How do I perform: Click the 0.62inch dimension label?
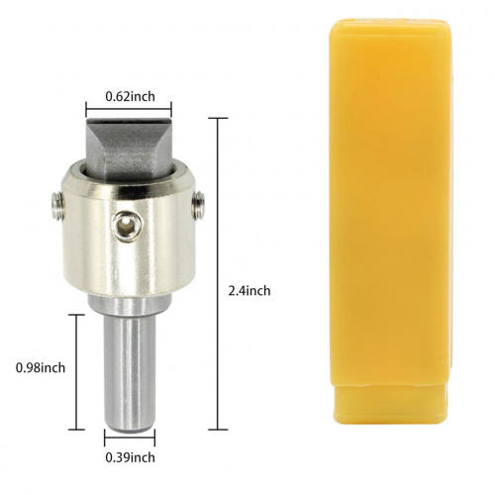click(130, 97)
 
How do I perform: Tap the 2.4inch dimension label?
click(249, 291)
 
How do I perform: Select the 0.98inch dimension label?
click(41, 367)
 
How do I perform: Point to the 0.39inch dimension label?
click(130, 457)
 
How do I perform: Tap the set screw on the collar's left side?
click(57, 206)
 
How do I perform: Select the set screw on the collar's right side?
click(198, 205)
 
